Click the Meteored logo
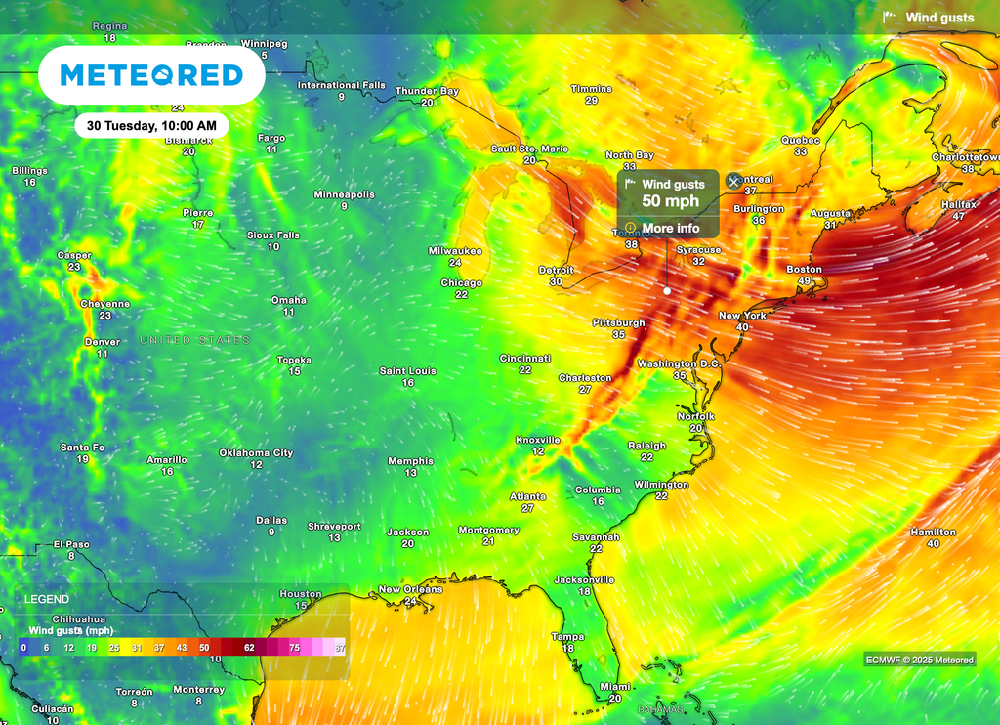click(151, 75)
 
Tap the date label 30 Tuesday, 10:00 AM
click(151, 126)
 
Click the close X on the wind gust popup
click(734, 182)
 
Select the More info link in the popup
click(670, 228)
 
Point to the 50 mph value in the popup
click(670, 202)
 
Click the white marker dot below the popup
click(667, 290)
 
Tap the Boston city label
click(804, 269)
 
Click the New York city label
click(742, 316)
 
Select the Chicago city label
click(461, 282)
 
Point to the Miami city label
click(615, 686)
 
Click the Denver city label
click(103, 342)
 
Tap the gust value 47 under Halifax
click(958, 216)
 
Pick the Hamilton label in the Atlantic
click(933, 532)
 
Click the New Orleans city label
click(410, 589)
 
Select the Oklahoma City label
click(256, 452)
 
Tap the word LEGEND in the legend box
click(47, 599)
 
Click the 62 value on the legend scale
click(249, 648)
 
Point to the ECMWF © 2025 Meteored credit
click(919, 660)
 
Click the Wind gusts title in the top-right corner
click(938, 18)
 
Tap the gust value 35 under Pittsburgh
click(618, 334)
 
